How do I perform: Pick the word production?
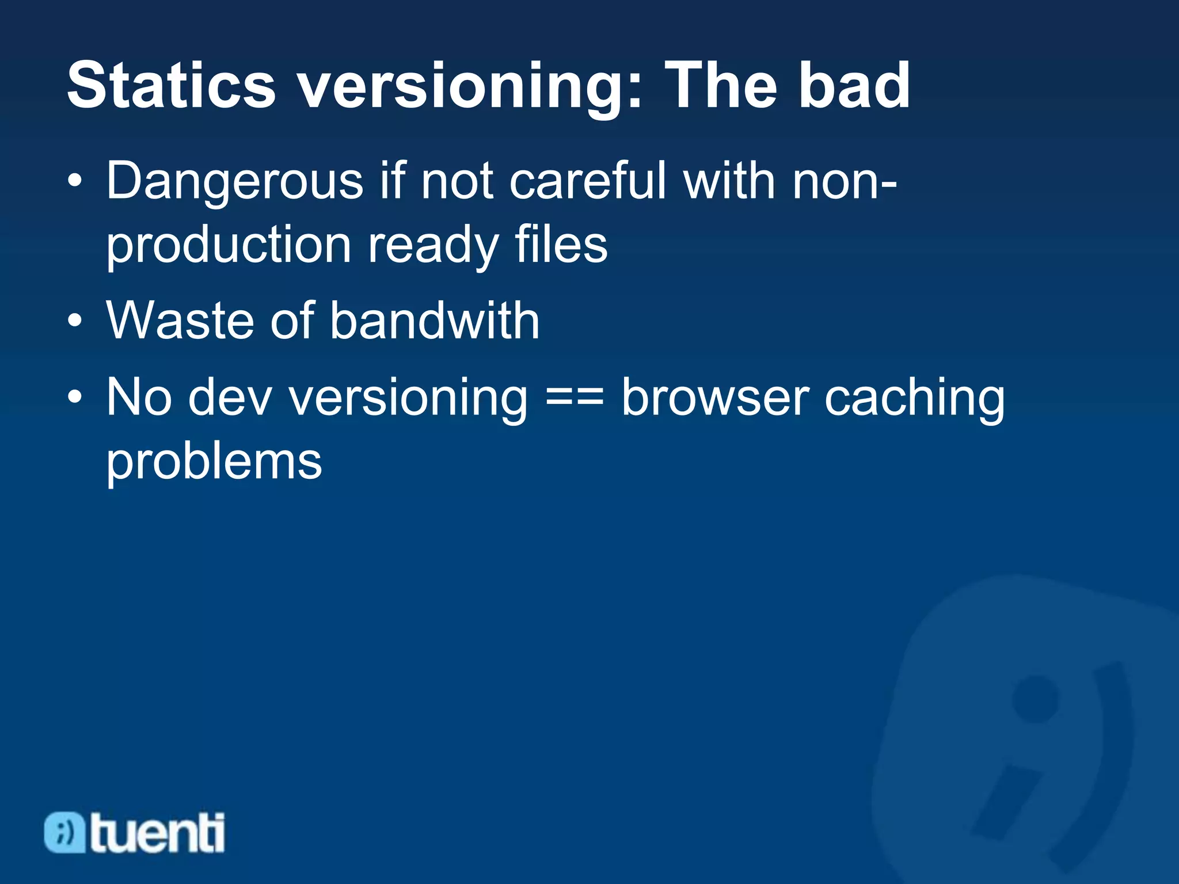[x=229, y=246]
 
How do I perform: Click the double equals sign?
[x=574, y=398]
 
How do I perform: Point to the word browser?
[x=715, y=398]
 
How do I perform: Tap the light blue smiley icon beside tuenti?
[x=64, y=832]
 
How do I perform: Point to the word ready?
[x=432, y=246]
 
